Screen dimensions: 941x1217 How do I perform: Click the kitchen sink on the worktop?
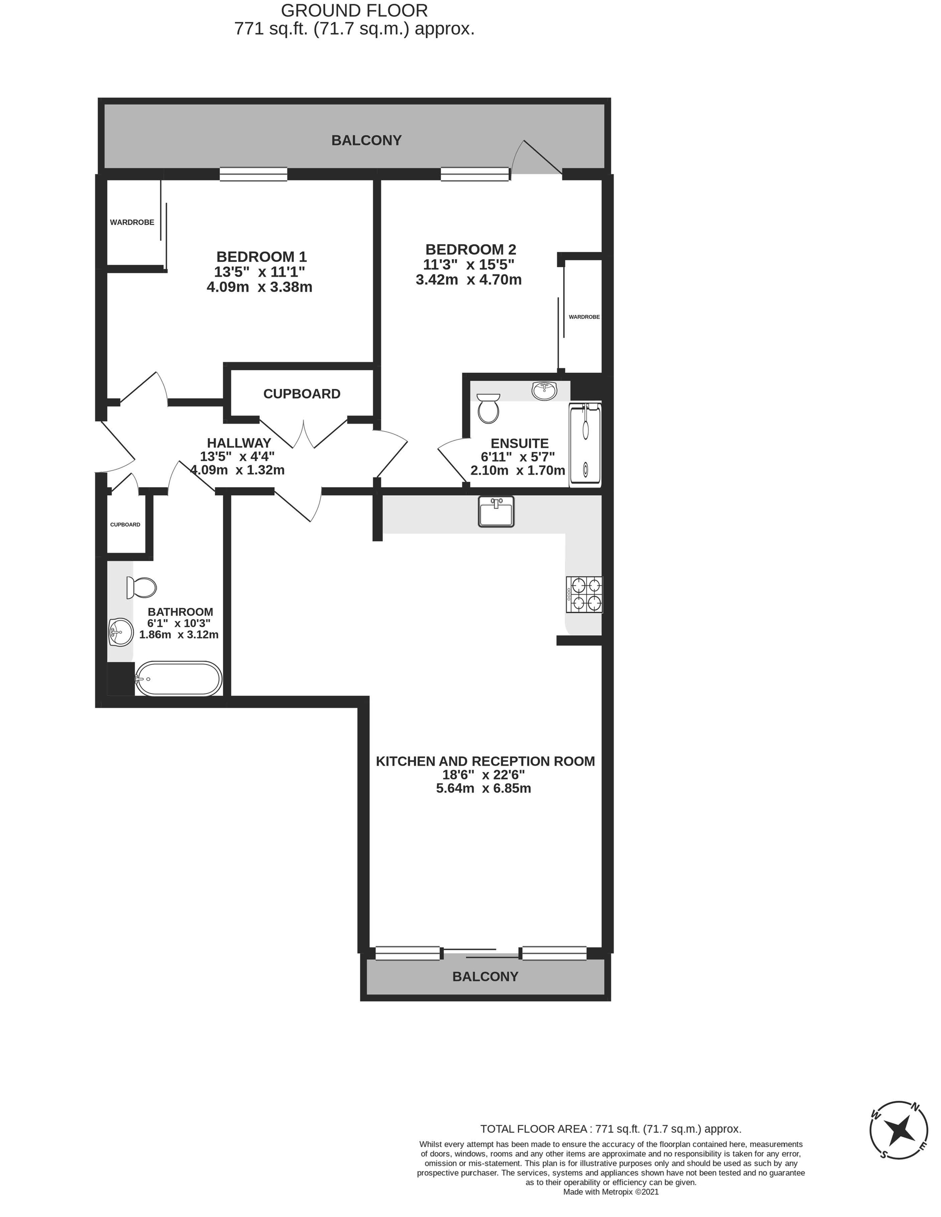tap(496, 511)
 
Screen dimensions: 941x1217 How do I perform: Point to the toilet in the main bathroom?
tap(141, 587)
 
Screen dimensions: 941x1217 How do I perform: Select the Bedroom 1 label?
tap(262, 257)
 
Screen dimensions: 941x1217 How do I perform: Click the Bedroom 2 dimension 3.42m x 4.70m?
tap(469, 280)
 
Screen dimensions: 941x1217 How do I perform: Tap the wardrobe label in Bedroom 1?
tap(132, 222)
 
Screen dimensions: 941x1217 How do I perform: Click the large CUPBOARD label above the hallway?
tap(302, 394)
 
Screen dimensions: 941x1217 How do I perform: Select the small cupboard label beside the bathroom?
tap(125, 525)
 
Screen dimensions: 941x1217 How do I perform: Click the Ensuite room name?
tap(520, 444)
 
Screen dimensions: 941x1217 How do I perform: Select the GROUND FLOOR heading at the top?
tap(354, 11)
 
